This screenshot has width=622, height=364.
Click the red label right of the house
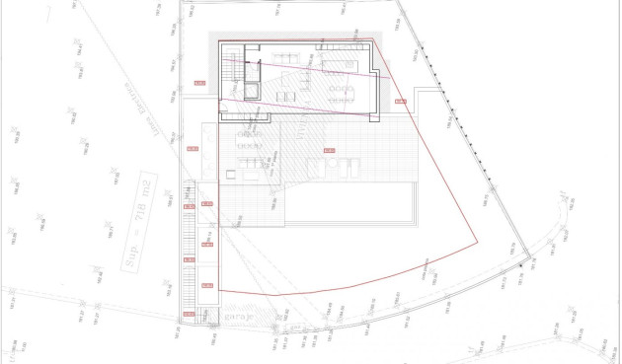(400, 101)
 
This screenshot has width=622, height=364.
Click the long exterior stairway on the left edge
(188, 247)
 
